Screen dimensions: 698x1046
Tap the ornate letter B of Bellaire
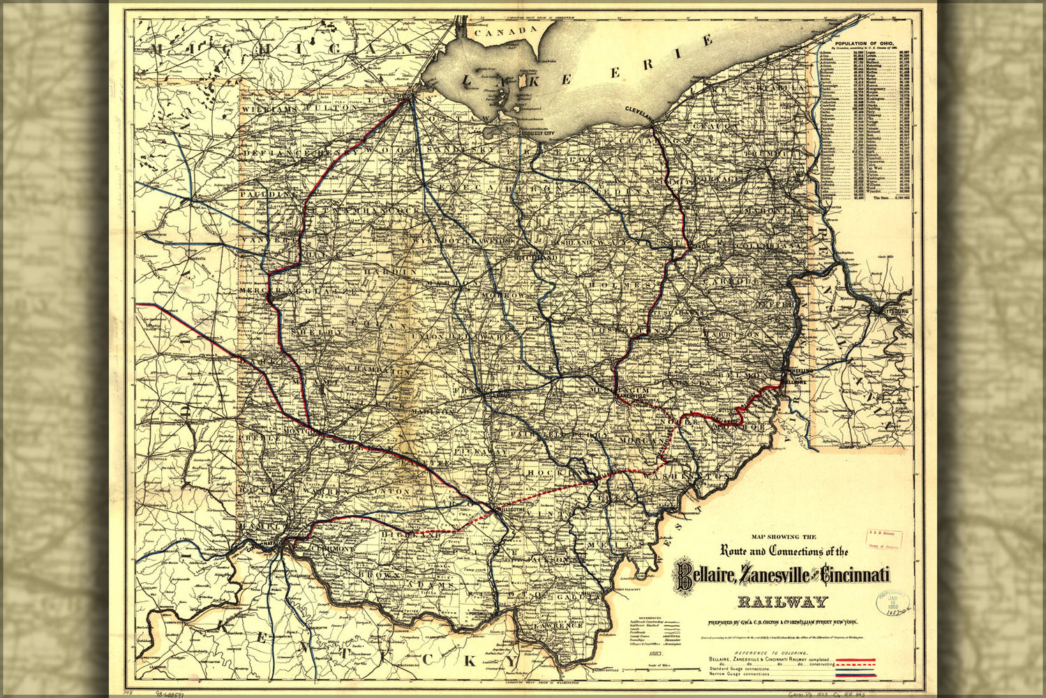point(682,577)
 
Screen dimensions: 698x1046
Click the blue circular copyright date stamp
point(892,602)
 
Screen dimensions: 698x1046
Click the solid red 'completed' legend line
point(855,660)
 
